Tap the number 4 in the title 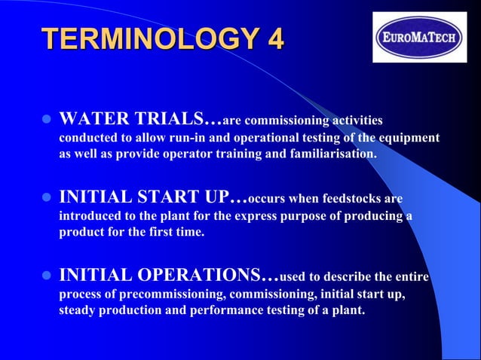point(273,39)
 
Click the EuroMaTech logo point(419,37)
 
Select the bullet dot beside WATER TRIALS point(44,120)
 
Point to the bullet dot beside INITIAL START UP point(44,199)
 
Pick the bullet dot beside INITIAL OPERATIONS point(44,276)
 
